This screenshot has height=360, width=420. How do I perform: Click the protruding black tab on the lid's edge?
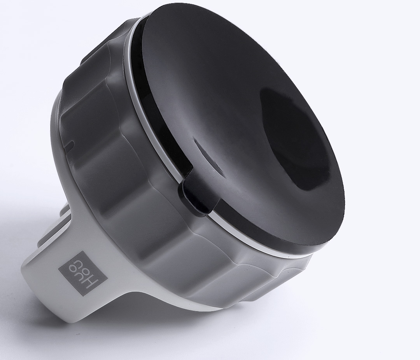click(x=187, y=196)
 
